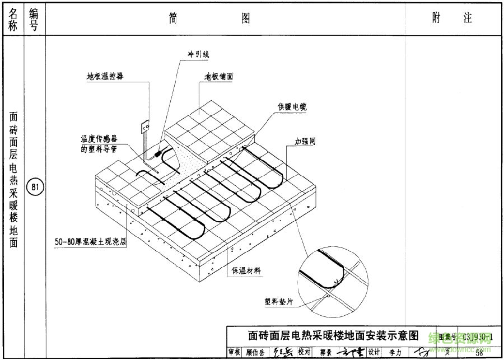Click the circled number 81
pyautogui.click(x=35, y=186)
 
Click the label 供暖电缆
pyautogui.click(x=292, y=106)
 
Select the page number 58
pyautogui.click(x=479, y=352)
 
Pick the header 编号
pyautogui.click(x=35, y=19)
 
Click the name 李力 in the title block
pyautogui.click(x=395, y=352)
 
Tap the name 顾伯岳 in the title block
pyautogui.click(x=255, y=352)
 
